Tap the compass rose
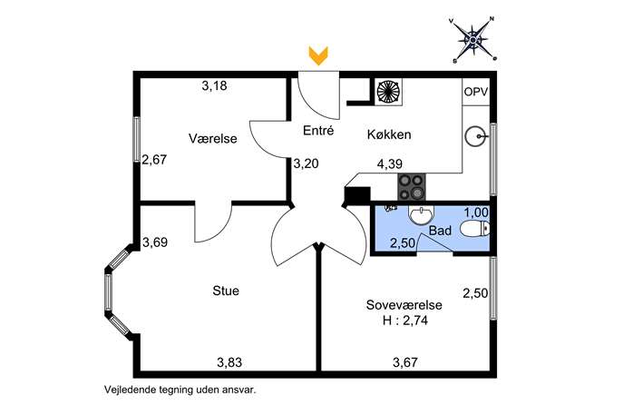pos(473,40)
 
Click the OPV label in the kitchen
pos(476,92)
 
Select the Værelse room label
pos(212,138)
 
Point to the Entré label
pos(318,130)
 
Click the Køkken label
pos(389,134)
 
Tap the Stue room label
pos(226,291)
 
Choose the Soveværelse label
pos(404,305)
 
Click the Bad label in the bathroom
pos(440,231)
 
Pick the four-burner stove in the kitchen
pos(411,187)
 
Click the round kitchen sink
pos(475,136)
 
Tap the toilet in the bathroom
pos(475,229)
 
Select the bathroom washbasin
pos(421,215)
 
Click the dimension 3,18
pos(215,86)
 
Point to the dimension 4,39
pos(390,164)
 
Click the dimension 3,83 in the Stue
pos(229,362)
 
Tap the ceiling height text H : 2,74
pos(405,321)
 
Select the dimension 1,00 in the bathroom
pos(476,212)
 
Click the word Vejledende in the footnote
pos(130,390)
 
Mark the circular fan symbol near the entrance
pos(388,92)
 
